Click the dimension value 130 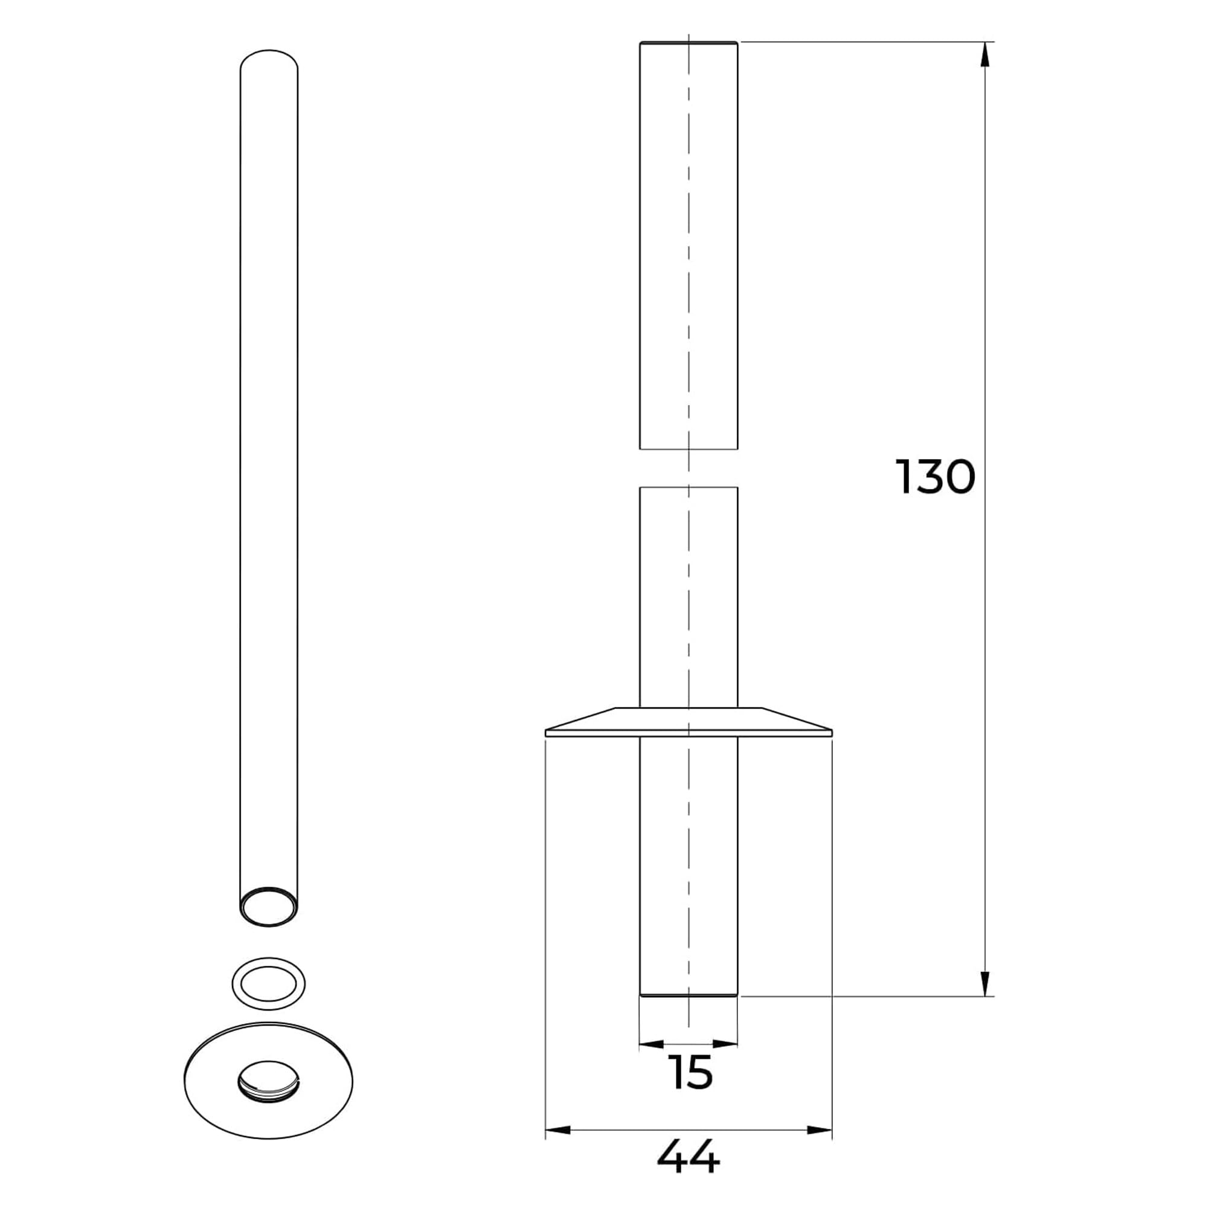[936, 478]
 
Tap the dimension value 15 [690, 1072]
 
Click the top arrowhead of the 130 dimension [985, 54]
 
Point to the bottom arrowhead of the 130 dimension [985, 983]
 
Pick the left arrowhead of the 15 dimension [652, 1044]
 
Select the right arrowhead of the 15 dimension [725, 1044]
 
